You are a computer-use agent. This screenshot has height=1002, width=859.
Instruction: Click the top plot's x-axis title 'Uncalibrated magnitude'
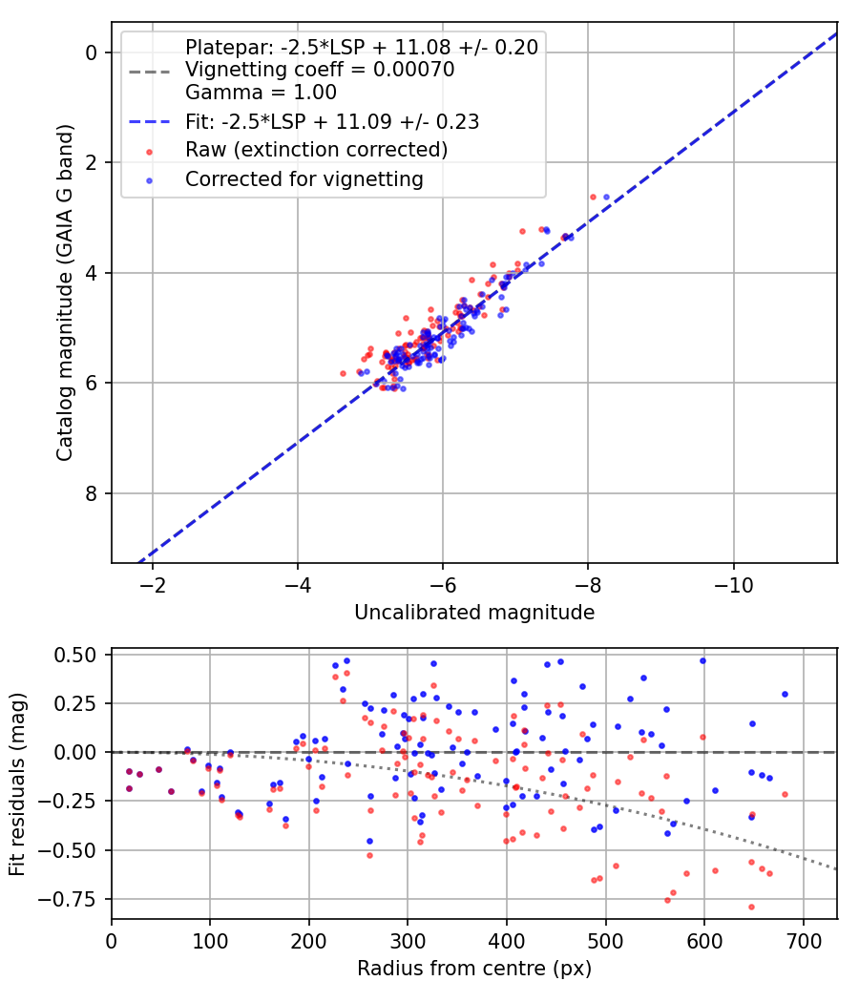point(474,613)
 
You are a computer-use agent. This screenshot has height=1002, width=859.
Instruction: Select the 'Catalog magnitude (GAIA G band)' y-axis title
point(64,293)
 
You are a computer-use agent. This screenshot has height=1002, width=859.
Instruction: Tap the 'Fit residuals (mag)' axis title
point(17,783)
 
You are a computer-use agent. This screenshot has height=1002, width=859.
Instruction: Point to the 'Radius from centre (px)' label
point(474,969)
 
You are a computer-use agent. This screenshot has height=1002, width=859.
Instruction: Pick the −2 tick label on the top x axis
point(152,585)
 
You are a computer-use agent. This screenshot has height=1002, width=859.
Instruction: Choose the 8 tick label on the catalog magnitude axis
point(92,493)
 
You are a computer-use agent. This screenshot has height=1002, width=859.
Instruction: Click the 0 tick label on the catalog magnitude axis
point(92,52)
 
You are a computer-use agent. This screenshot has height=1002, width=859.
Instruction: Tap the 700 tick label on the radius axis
point(803,941)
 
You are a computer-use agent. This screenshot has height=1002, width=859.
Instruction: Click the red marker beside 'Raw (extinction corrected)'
point(150,152)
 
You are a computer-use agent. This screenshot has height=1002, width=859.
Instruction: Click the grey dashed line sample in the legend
point(150,72)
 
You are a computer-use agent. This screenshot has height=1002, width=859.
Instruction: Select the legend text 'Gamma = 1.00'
point(261,92)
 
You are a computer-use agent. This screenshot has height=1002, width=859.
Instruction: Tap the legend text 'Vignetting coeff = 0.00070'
point(320,69)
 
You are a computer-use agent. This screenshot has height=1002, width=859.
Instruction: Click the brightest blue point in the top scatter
point(606,197)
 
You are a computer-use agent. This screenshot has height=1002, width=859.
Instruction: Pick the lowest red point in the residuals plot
point(752,907)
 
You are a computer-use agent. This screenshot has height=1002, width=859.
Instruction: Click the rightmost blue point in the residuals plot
point(785,694)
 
